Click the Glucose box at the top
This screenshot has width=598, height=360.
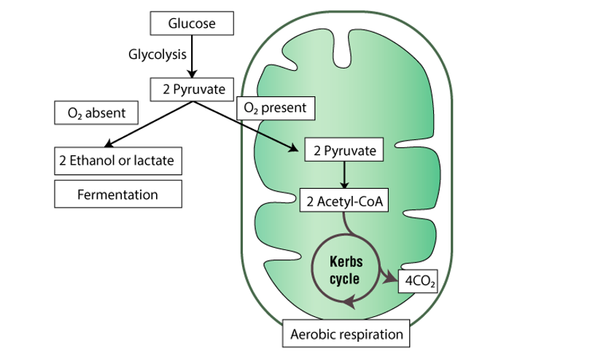tap(193, 24)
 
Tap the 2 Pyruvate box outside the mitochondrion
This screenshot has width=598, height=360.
tap(193, 90)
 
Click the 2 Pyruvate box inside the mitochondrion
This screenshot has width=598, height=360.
tap(343, 152)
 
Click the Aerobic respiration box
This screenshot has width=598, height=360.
tap(346, 334)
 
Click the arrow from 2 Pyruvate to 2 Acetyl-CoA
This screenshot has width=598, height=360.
tap(343, 176)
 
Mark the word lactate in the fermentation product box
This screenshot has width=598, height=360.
tap(152, 160)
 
